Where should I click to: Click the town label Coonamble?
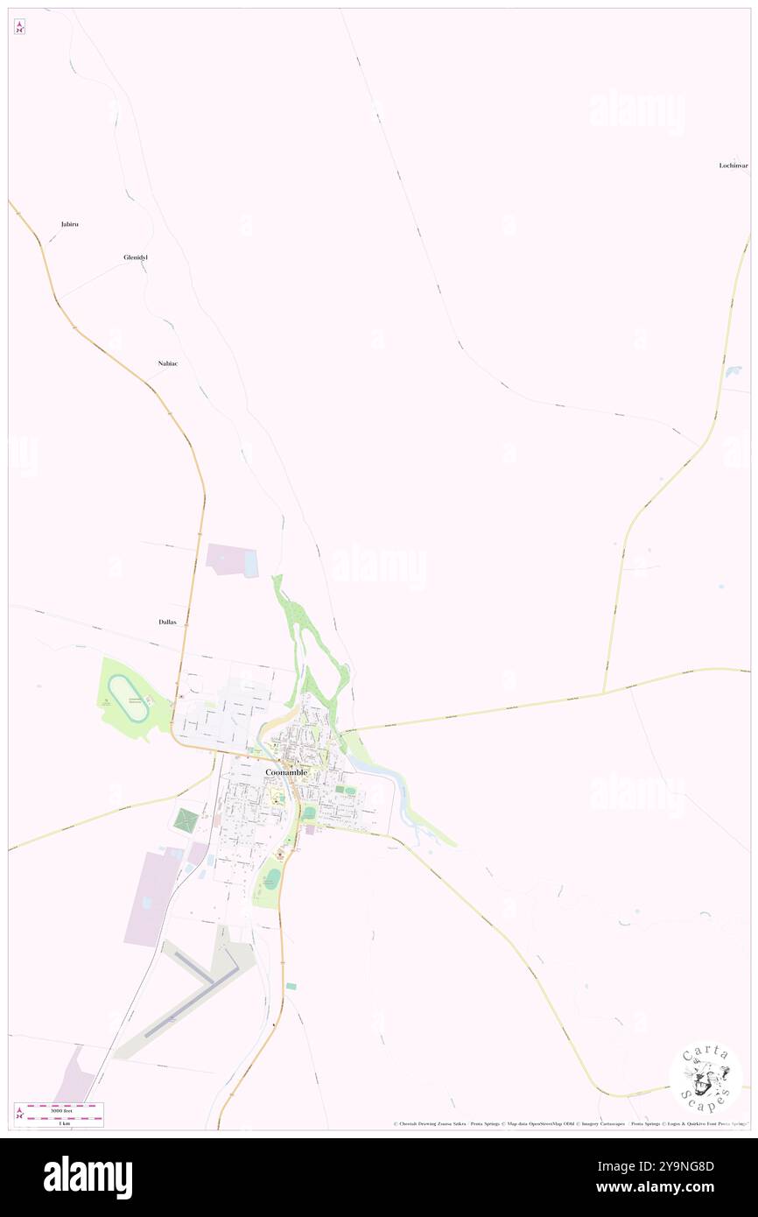pos(286,772)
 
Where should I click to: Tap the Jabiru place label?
pos(70,224)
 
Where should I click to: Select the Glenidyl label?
pos(136,257)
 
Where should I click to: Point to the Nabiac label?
pos(168,362)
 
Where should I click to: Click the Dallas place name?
pos(168,622)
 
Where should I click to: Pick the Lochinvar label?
pos(733,165)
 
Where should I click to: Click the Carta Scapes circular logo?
pos(705,1080)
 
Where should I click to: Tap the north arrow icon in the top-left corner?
pos(19,27)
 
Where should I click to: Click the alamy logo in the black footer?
pos(88,1178)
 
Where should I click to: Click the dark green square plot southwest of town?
pos(186,821)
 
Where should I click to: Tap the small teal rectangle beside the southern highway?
pos(291,986)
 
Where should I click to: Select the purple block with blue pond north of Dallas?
pos(233,560)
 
